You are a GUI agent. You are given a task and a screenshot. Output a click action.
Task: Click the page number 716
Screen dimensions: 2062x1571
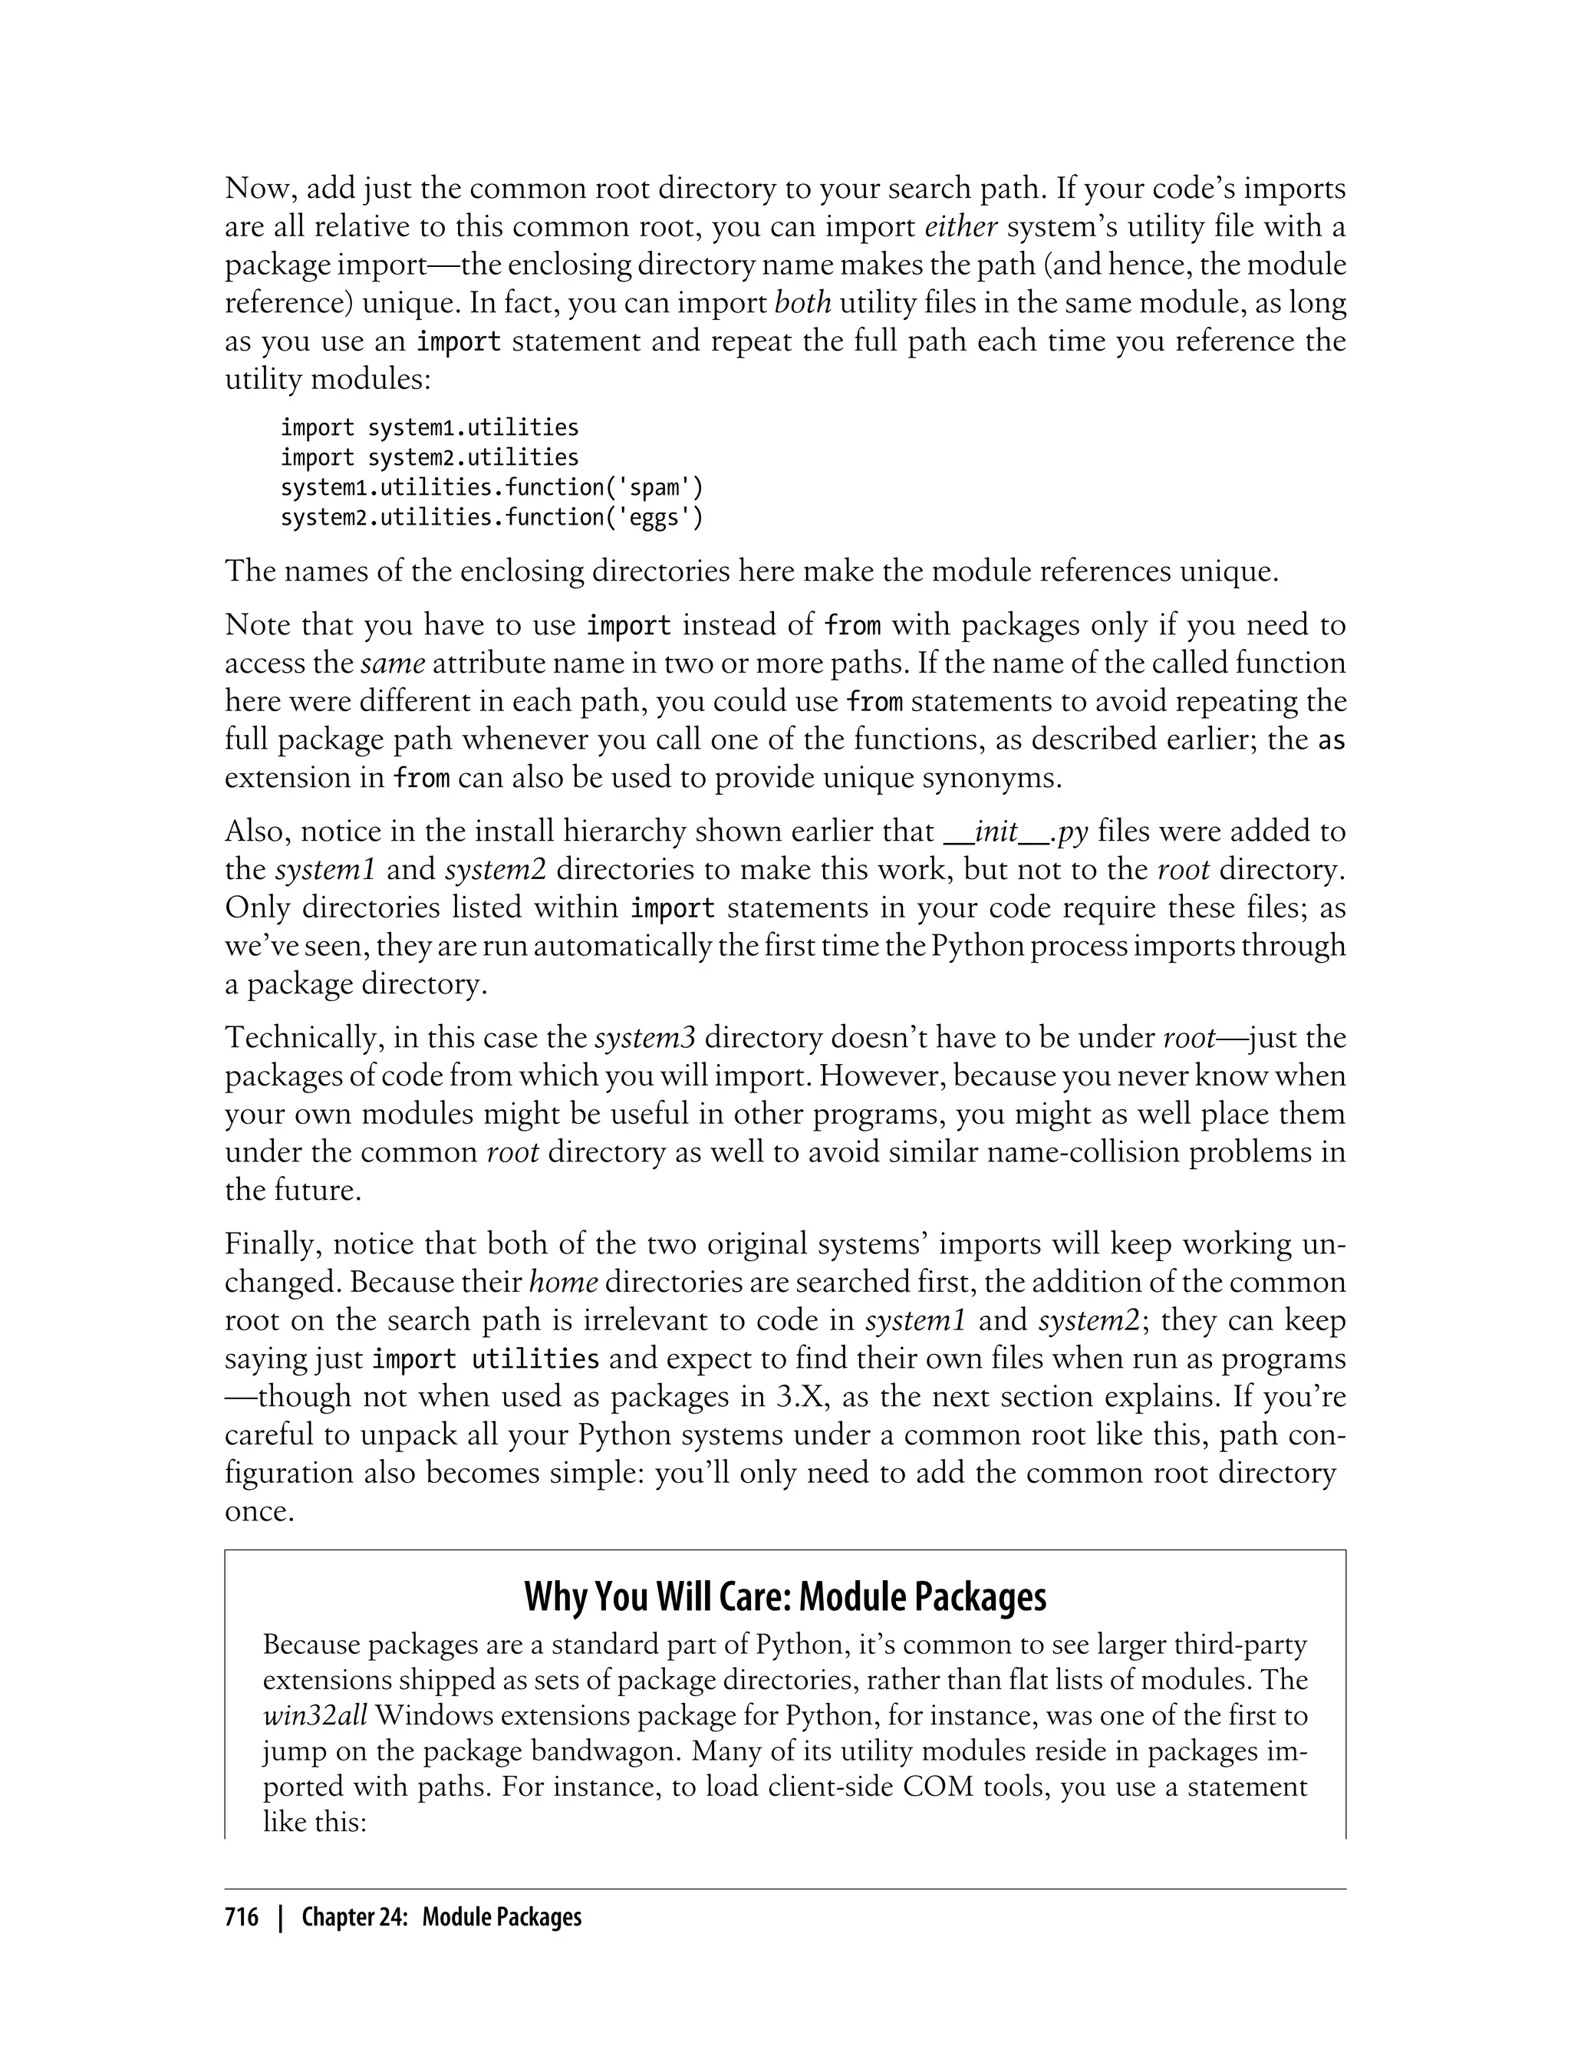click(242, 1918)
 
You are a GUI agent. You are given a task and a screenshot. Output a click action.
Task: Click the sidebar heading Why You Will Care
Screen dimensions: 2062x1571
click(785, 1597)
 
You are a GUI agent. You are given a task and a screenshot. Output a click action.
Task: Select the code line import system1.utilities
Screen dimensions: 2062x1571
click(430, 427)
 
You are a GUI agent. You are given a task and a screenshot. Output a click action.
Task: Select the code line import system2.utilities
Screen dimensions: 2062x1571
click(430, 457)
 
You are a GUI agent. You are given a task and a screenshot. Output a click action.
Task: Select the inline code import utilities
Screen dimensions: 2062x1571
click(486, 1359)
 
